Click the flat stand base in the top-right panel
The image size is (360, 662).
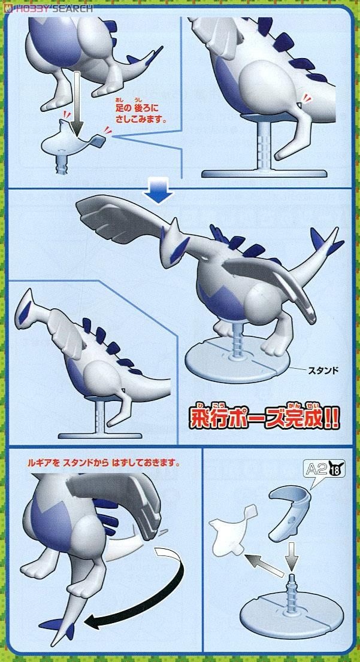[264, 173]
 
